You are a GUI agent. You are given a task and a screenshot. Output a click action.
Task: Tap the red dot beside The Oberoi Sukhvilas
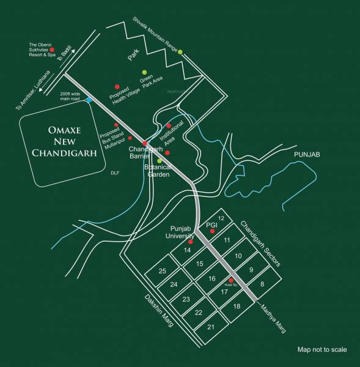[x=52, y=50]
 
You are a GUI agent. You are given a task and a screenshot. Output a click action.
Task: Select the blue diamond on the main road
[x=89, y=100]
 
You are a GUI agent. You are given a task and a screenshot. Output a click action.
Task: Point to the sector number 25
[x=162, y=271]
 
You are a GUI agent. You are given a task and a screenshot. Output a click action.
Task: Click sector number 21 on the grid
[x=211, y=327]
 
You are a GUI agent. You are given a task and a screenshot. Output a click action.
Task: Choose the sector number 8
[x=262, y=284]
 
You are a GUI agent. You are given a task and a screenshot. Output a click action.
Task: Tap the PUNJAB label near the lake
[x=307, y=155]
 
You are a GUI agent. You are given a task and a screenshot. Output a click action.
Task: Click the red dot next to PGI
[x=212, y=231]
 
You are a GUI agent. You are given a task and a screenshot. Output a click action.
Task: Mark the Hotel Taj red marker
[x=231, y=280]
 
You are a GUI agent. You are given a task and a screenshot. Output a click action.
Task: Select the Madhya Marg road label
[x=273, y=317]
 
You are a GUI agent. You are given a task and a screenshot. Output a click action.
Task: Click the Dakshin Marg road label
[x=159, y=311]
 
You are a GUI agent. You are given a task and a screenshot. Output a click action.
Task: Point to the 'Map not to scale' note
[x=322, y=350]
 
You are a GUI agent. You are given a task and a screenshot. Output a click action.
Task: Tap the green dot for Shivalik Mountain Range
[x=180, y=52]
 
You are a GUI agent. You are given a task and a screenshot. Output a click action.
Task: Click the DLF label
[x=114, y=173]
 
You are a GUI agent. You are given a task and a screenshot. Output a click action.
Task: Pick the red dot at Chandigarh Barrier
[x=145, y=143]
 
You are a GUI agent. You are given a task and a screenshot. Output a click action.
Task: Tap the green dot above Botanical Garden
[x=159, y=160]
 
